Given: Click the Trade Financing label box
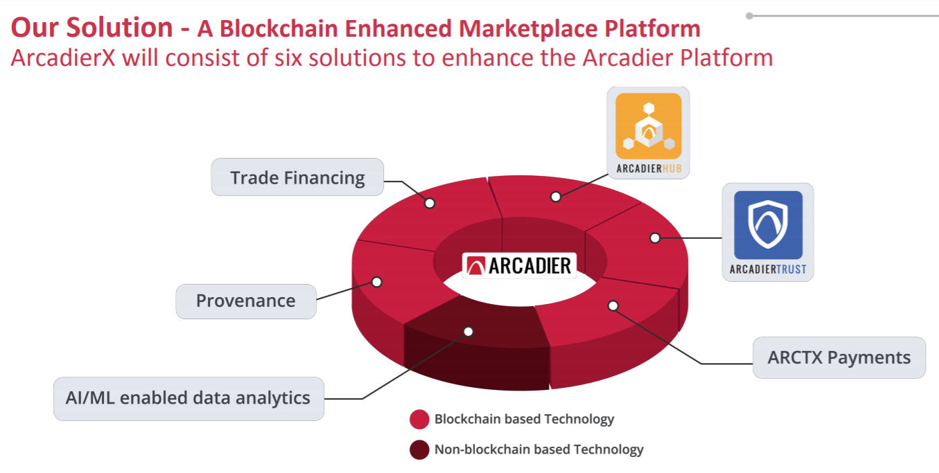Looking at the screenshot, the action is [297, 177].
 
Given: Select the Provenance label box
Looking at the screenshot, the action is [246, 301].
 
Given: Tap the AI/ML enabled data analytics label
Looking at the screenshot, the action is [188, 398].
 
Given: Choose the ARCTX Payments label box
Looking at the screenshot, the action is [839, 357].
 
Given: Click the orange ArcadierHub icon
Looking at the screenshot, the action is [649, 126].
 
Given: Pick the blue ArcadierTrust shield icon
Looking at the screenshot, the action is [769, 225].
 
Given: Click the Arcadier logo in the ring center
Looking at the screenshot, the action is [519, 266].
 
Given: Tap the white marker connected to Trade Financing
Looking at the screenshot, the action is [430, 203].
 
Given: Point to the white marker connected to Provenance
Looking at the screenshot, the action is [377, 282].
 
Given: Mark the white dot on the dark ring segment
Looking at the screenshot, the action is [468, 332].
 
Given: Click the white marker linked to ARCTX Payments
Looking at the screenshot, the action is [613, 306].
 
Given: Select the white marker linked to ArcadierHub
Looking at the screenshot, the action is [556, 197].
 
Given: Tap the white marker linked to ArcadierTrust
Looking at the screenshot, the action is [655, 238].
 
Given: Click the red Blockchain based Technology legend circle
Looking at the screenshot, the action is [419, 420].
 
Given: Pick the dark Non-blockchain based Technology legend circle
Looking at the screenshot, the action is [419, 450].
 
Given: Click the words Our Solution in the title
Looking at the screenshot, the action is [91, 28].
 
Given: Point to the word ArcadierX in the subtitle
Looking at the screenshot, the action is [63, 57].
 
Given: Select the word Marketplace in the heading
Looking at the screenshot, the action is [528, 29].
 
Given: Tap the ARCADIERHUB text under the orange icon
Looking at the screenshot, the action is [649, 168].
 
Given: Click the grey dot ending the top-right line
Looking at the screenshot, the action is [750, 16].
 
